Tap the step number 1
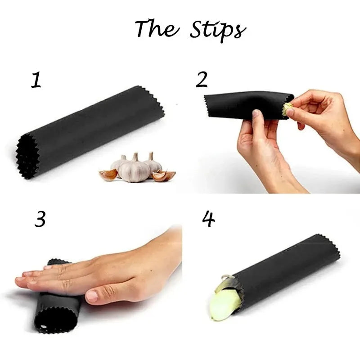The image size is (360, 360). click(x=36, y=80)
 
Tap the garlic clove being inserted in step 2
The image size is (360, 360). click(x=288, y=108)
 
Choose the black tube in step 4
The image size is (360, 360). click(x=288, y=270)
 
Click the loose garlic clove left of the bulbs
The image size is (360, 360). click(x=108, y=175)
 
